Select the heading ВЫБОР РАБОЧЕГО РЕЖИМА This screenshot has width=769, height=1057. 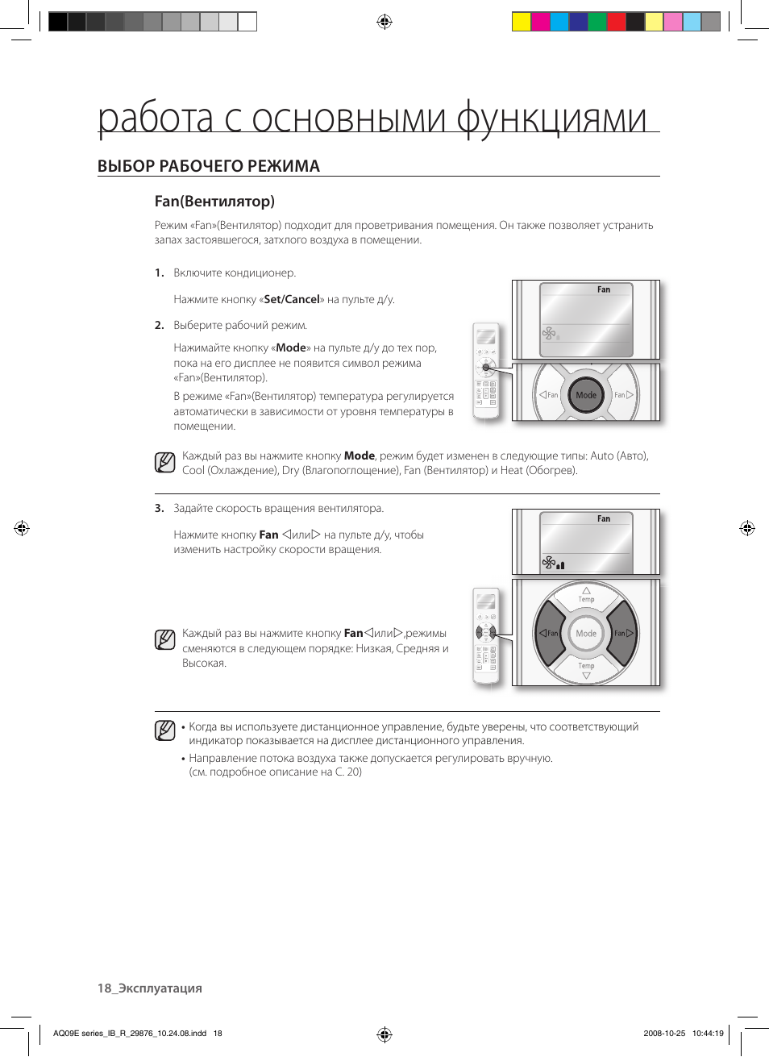pyautogui.click(x=208, y=166)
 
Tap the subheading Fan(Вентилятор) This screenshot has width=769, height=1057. pyautogui.click(x=214, y=202)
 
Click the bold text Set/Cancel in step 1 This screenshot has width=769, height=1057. pyautogui.click(x=292, y=299)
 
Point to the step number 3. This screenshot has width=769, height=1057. pyautogui.click(x=159, y=509)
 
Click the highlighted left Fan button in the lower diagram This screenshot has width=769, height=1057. pyautogui.click(x=549, y=633)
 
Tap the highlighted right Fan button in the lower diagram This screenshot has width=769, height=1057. pyautogui.click(x=623, y=633)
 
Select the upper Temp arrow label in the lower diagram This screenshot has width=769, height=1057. pyautogui.click(x=586, y=595)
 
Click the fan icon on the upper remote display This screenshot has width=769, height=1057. pyautogui.click(x=549, y=333)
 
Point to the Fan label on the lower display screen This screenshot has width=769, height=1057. pyautogui.click(x=604, y=519)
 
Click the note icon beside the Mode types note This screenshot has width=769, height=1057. pyautogui.click(x=164, y=463)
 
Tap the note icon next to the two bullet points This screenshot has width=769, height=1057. pyautogui.click(x=164, y=730)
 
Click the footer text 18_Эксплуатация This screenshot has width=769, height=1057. pyautogui.click(x=150, y=988)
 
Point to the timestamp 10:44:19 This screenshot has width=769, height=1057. pyautogui.click(x=708, y=1033)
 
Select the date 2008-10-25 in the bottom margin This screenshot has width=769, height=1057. pyautogui.click(x=664, y=1033)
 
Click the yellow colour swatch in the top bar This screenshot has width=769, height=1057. pyautogui.click(x=522, y=22)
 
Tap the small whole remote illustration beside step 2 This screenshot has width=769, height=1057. pyautogui.click(x=486, y=371)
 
